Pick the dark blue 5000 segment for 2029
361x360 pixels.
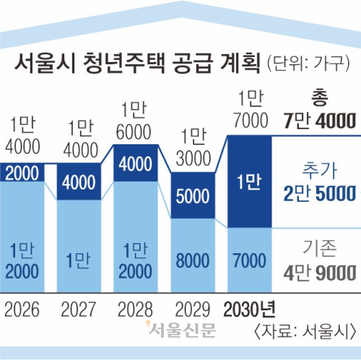(x=192, y=196)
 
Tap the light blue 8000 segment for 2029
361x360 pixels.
(x=192, y=259)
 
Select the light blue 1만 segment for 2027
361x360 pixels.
(x=79, y=258)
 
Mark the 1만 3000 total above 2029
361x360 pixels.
(x=192, y=146)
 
